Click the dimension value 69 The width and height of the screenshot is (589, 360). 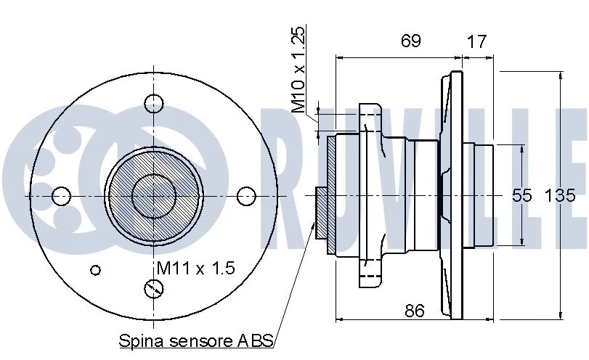point(410,41)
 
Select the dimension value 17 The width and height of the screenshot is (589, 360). point(476,41)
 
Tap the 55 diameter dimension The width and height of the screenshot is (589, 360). point(522,195)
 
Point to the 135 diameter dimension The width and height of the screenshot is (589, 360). point(560,195)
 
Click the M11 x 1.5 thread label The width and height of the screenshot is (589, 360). point(196,269)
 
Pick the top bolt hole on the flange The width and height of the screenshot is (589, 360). point(154,104)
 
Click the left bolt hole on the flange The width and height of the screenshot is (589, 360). point(62,195)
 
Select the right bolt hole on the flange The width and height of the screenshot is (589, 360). point(247,195)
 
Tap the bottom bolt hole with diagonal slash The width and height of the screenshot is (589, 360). point(154,289)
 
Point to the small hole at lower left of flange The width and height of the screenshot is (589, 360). point(94,270)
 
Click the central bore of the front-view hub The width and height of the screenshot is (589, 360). point(154,195)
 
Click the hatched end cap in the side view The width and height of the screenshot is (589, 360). point(331,195)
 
